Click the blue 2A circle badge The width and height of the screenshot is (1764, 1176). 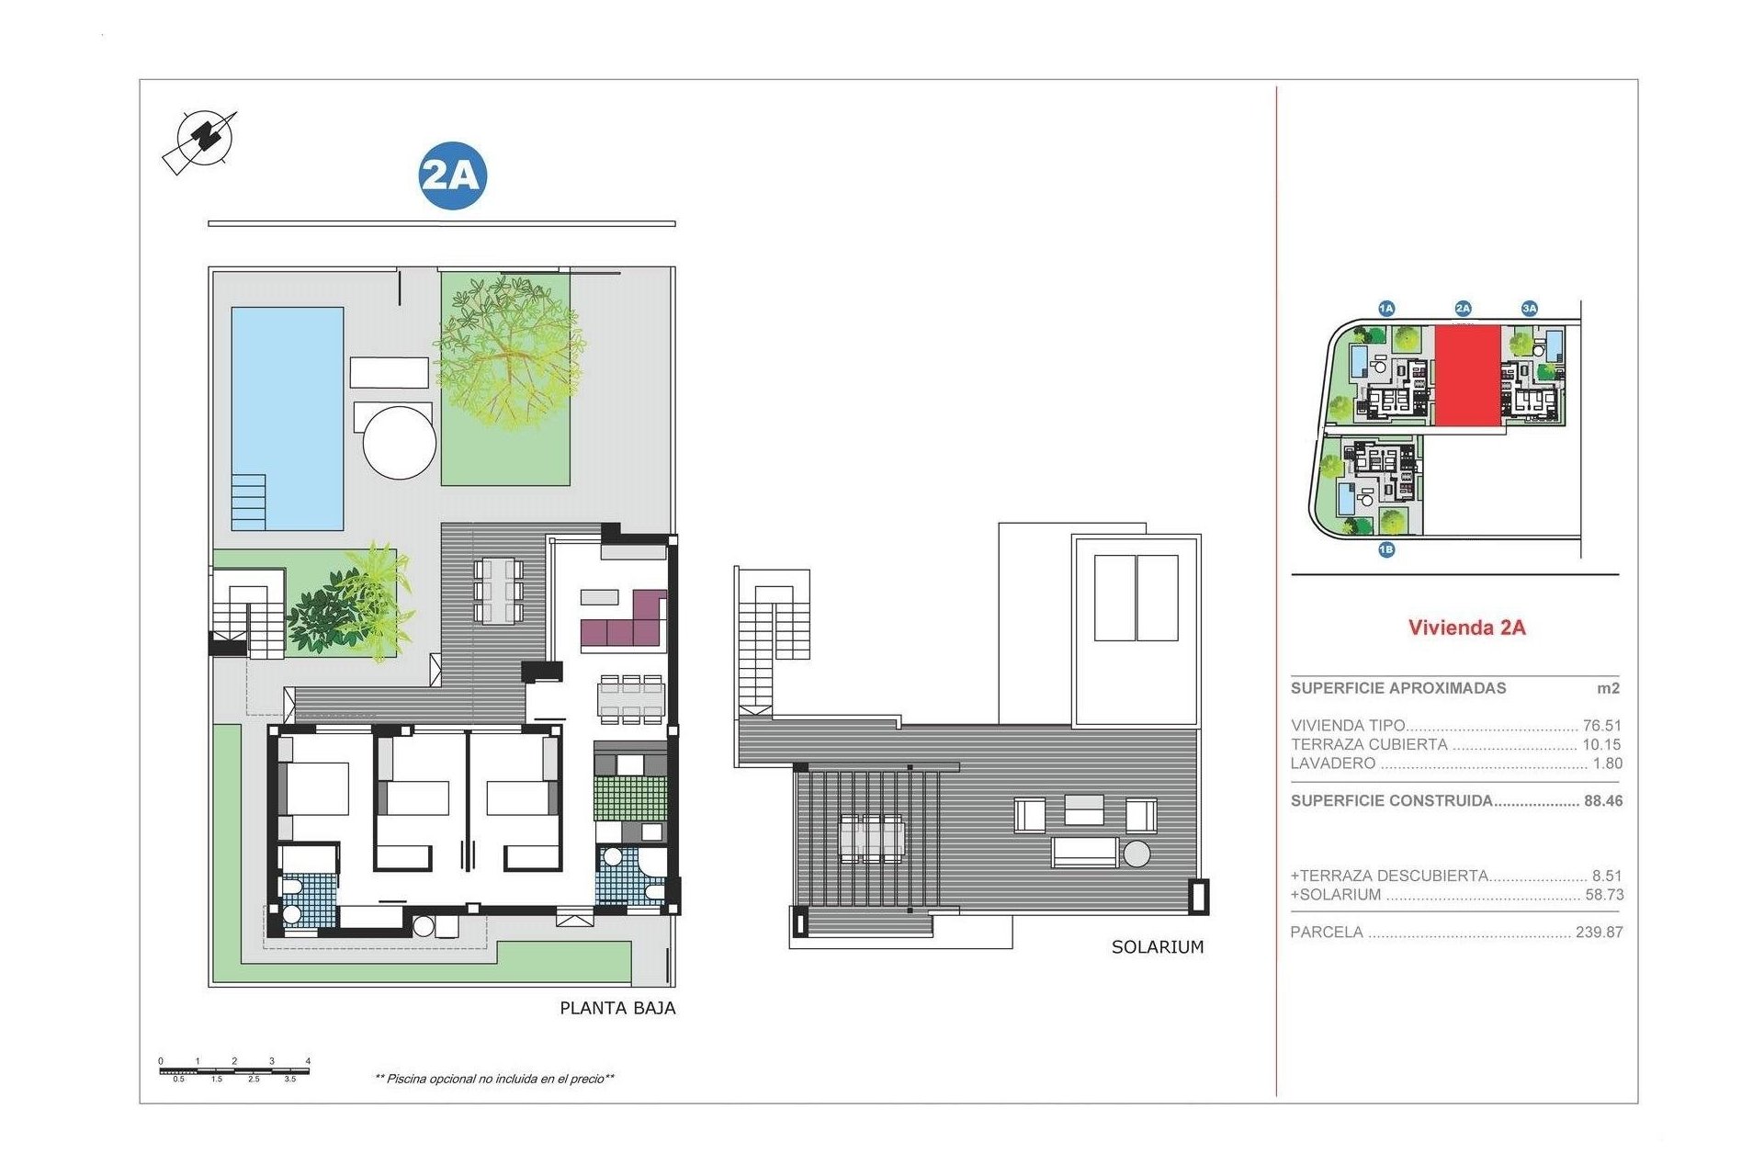click(x=452, y=175)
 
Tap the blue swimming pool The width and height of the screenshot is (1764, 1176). click(x=288, y=404)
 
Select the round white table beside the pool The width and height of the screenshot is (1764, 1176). click(x=399, y=442)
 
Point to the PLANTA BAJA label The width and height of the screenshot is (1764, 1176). click(x=617, y=1008)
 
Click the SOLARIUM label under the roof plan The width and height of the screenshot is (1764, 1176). click(x=1157, y=947)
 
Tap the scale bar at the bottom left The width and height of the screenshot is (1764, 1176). click(x=234, y=1070)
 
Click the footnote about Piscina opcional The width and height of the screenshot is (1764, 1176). click(x=494, y=1079)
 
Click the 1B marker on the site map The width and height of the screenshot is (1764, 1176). click(x=1386, y=549)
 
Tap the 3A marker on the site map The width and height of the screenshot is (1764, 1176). click(x=1529, y=309)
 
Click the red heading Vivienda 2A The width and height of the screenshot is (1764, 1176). click(x=1466, y=628)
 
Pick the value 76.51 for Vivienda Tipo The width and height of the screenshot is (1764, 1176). click(x=1601, y=726)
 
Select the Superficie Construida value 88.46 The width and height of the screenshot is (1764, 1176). click(x=1602, y=801)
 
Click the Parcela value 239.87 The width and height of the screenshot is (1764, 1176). click(x=1599, y=932)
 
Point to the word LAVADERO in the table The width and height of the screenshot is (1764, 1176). click(x=1332, y=763)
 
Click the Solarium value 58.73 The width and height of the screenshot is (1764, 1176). click(x=1604, y=895)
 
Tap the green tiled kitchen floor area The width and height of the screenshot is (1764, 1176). click(x=630, y=798)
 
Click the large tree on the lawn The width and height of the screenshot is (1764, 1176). click(x=507, y=354)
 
